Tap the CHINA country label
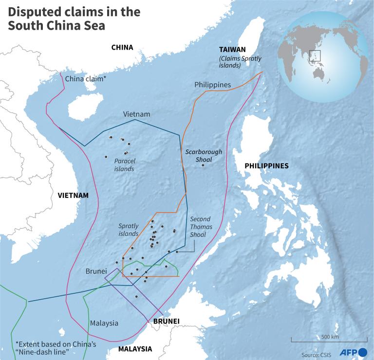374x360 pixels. [122, 47]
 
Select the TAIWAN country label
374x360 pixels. [232, 50]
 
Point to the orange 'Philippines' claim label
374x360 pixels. [212, 85]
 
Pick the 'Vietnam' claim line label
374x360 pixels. [136, 114]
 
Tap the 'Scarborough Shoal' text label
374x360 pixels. [204, 155]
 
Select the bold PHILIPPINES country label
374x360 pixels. [266, 166]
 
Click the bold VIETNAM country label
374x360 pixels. [73, 195]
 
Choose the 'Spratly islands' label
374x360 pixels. [129, 230]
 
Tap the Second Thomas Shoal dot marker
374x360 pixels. [177, 252]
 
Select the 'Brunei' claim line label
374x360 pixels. [96, 270]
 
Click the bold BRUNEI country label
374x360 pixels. [167, 322]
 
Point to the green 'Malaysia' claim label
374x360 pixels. [104, 323]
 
